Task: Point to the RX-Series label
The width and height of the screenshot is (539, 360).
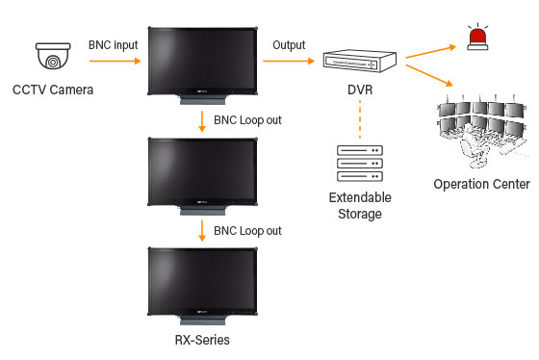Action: point(199,340)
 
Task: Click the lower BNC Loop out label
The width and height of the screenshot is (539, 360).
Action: point(246,232)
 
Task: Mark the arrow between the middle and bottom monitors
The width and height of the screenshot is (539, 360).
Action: point(200,231)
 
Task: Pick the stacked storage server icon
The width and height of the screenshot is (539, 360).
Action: point(359,165)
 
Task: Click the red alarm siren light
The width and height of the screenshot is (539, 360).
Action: point(475,36)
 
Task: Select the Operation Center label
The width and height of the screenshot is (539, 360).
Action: point(481,184)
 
